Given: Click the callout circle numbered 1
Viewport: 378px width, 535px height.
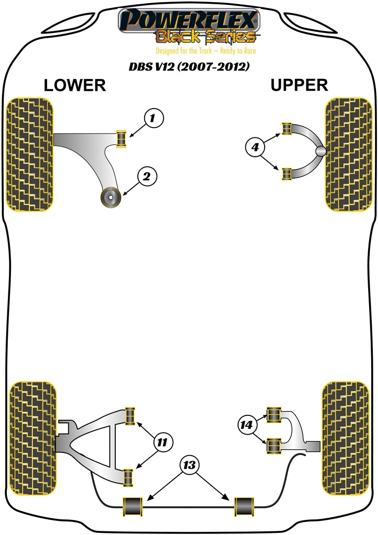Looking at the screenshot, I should [152, 119].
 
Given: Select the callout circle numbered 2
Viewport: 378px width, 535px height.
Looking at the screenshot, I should [147, 177].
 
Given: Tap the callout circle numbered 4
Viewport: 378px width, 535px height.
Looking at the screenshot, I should [255, 148].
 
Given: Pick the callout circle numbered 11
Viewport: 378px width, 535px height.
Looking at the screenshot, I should [163, 443].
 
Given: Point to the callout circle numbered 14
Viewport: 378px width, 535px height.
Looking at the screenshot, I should [247, 425].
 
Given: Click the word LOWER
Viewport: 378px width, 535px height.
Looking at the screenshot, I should [75, 85].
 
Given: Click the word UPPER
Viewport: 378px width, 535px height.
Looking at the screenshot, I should [299, 85].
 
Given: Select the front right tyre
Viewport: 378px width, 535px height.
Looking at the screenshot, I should [348, 154].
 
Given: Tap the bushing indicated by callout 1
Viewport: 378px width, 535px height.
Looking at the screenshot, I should [123, 137].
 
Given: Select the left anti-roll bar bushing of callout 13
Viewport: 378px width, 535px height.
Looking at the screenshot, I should [134, 506].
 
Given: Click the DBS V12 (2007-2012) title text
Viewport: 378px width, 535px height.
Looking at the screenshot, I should [190, 67].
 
